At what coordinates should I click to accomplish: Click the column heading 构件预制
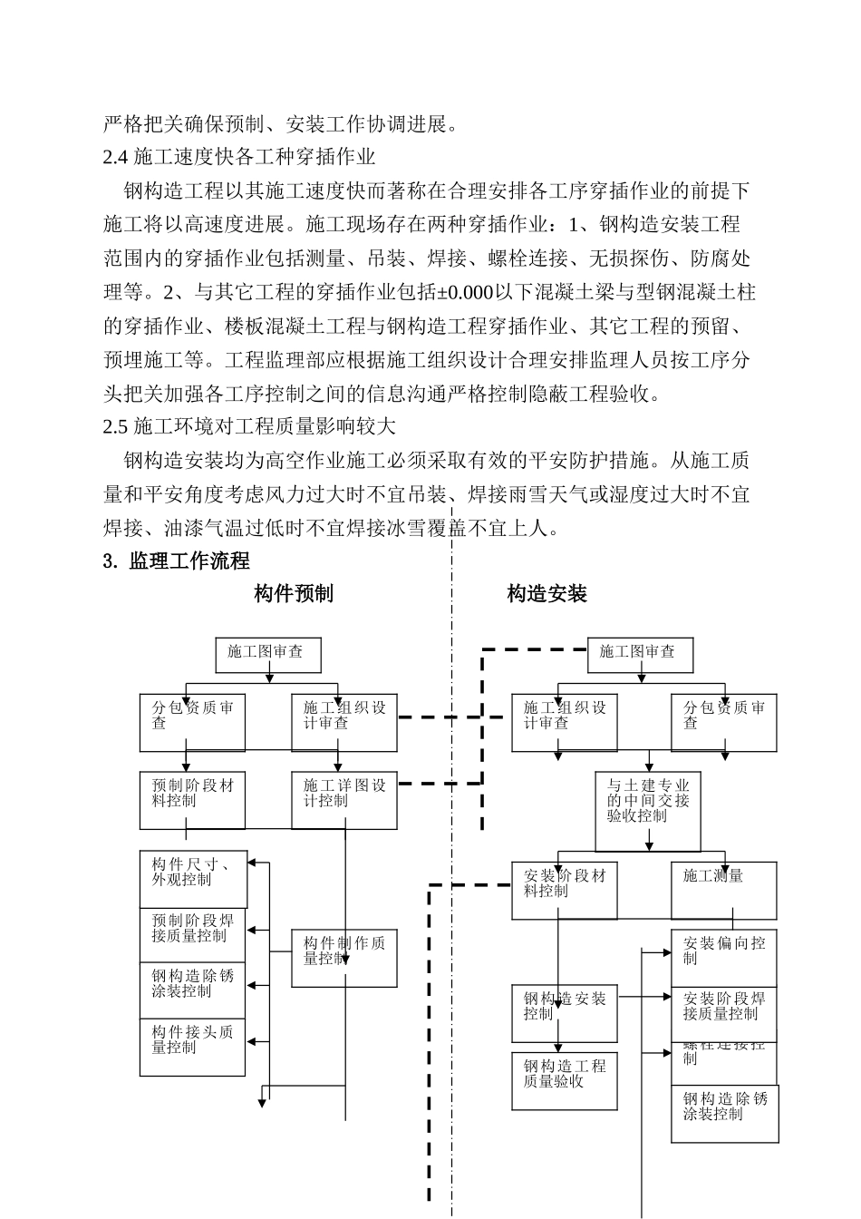(294, 594)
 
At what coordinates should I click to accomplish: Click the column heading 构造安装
(547, 594)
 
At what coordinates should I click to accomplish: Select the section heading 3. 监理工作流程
(177, 561)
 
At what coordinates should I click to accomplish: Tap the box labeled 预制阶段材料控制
(192, 800)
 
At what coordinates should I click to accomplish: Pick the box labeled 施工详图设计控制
(344, 800)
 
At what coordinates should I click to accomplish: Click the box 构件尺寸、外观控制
(192, 879)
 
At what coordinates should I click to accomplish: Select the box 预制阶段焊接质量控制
(192, 935)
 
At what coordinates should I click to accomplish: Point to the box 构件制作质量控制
(344, 958)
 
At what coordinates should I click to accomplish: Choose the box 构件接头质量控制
(192, 1047)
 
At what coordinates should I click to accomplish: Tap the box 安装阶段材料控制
(565, 890)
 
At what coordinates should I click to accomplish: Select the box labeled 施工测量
(723, 890)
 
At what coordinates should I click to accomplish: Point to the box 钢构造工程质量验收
(565, 1080)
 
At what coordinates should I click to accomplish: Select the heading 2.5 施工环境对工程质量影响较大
(249, 426)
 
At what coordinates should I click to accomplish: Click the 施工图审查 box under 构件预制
(268, 654)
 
